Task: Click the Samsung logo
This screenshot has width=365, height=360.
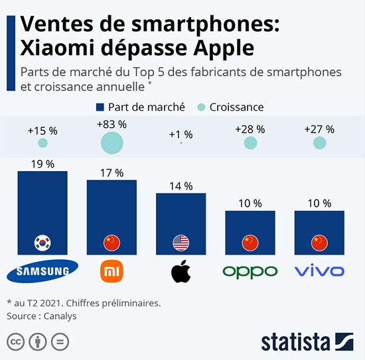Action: point(42,270)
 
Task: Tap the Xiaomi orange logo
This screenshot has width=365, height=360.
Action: point(111,270)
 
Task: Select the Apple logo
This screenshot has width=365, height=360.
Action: point(181,270)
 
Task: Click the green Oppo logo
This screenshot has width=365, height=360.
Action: point(250,271)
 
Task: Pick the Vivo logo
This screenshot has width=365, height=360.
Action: point(319,270)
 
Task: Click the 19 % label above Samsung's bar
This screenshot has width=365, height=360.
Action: point(42,164)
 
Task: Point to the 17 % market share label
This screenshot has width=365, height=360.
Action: point(111,172)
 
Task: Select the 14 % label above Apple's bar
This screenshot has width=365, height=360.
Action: point(181,186)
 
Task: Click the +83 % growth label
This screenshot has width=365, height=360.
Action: point(111,124)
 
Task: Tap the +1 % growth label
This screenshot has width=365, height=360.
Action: point(181,135)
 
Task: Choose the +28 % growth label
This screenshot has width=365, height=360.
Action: point(250,129)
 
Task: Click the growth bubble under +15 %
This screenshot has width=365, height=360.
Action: point(42,143)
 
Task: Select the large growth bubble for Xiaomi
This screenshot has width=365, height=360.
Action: point(111,142)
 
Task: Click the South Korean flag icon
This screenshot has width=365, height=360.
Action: point(42,243)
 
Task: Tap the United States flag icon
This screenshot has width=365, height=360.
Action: point(181,243)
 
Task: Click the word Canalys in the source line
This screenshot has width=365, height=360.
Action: point(60,316)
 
